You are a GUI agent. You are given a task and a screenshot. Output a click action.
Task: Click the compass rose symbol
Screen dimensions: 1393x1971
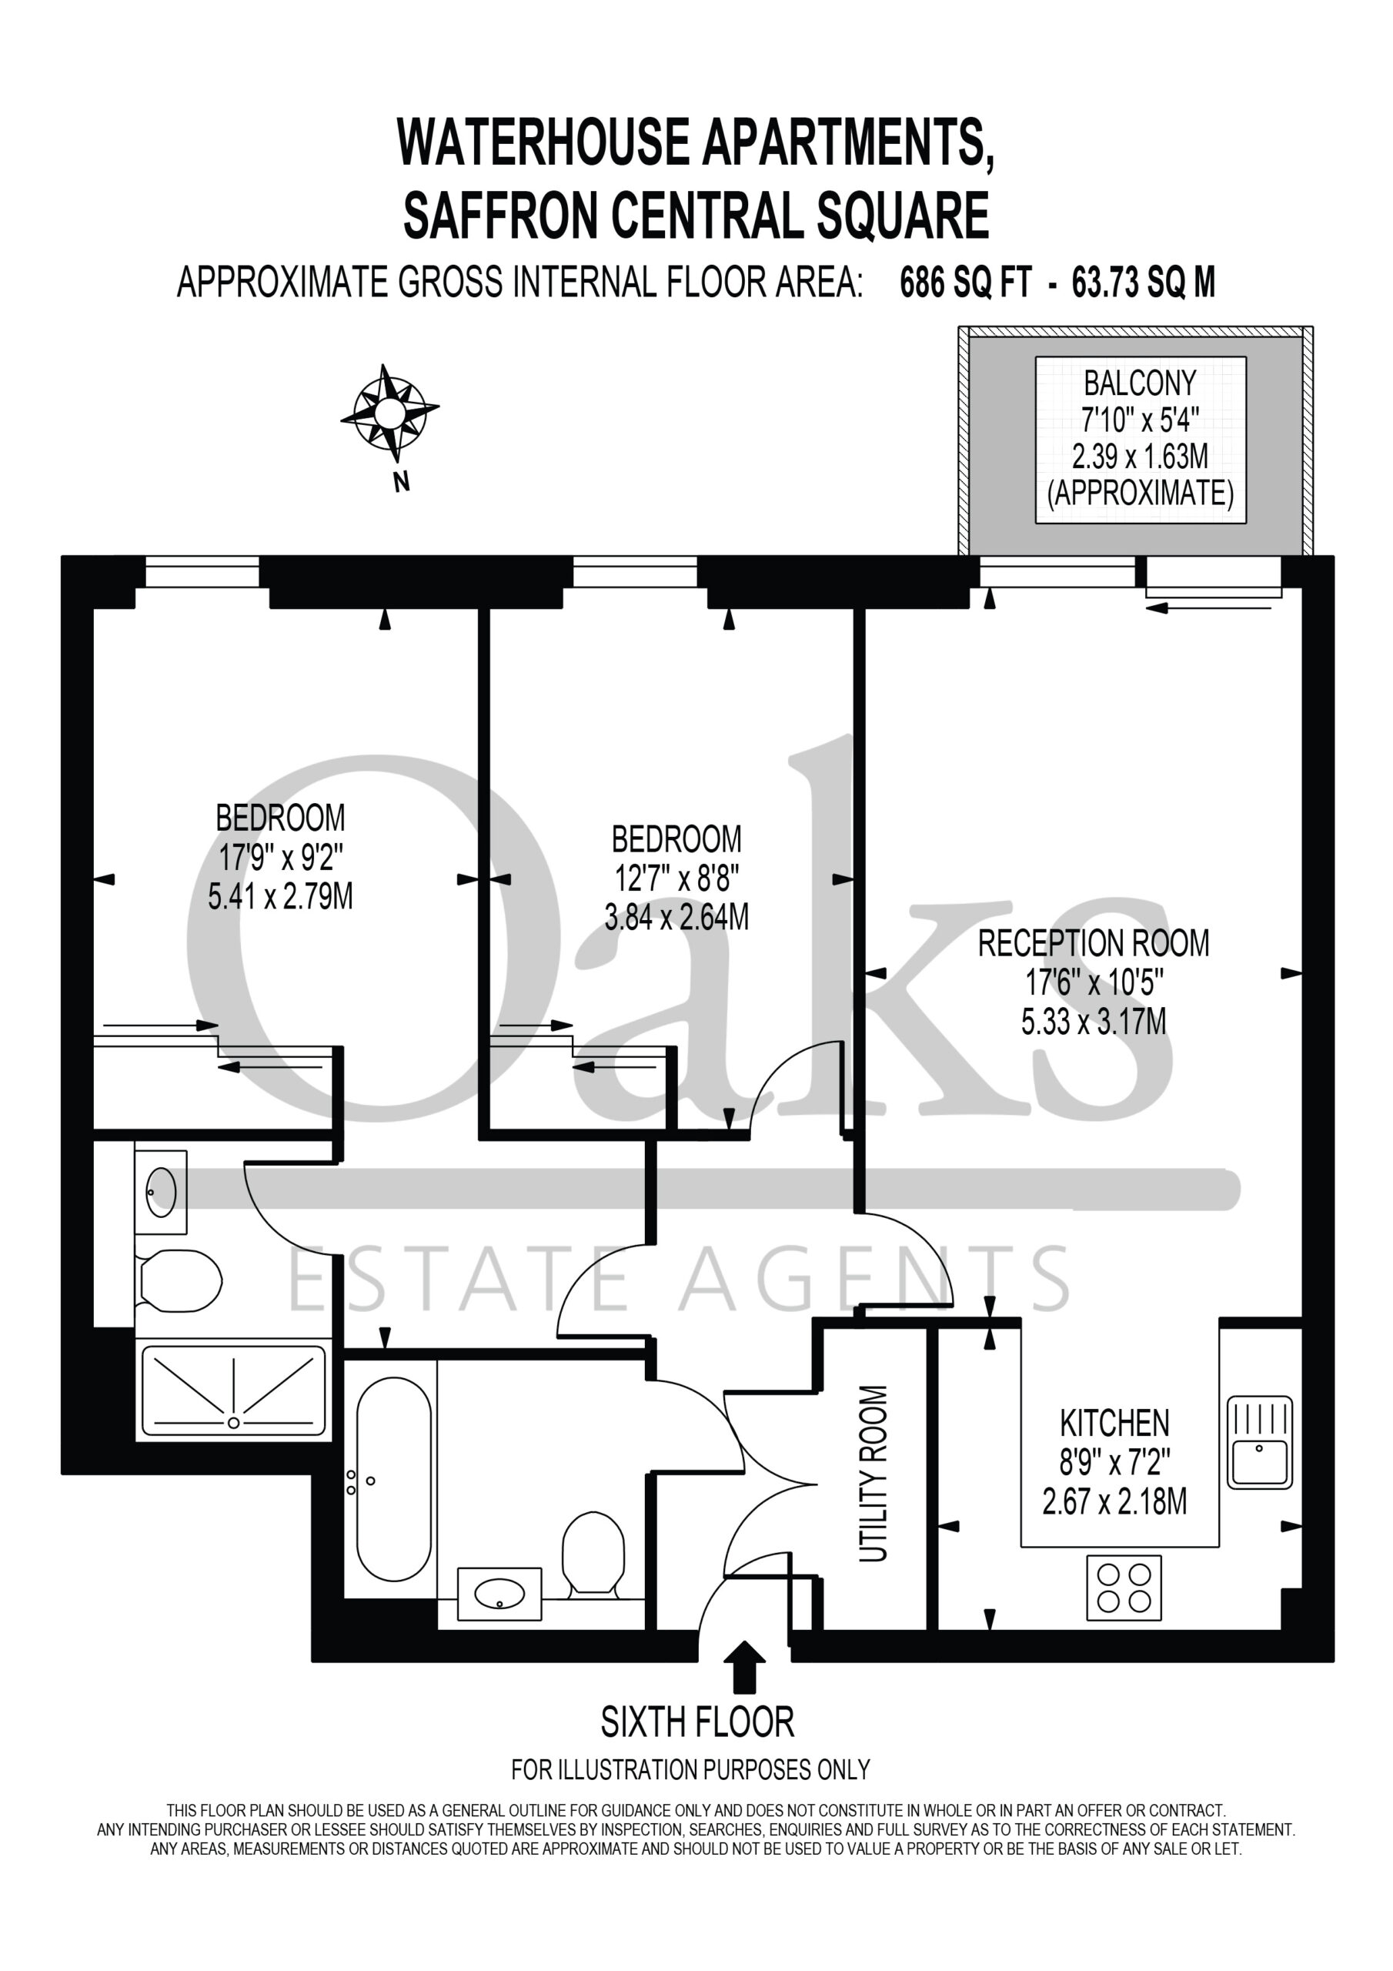point(389,413)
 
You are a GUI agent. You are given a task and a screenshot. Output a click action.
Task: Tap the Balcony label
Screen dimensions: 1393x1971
point(1140,383)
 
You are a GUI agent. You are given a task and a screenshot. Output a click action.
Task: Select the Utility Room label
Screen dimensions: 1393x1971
point(873,1473)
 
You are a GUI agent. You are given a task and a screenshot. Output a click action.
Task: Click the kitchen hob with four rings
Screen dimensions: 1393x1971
point(1124,1588)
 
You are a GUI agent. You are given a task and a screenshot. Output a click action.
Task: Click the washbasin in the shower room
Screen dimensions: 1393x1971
point(161,1192)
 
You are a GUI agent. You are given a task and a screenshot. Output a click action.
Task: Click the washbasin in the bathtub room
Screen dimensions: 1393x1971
point(499,1592)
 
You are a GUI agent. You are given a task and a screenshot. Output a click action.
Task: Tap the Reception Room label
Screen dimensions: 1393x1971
point(1094,943)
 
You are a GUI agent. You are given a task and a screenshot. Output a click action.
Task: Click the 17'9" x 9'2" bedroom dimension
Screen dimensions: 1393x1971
point(281,857)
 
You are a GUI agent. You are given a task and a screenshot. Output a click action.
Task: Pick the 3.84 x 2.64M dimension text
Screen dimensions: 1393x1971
point(676,918)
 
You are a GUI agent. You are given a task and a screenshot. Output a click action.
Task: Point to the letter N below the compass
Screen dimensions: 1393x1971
point(401,483)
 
